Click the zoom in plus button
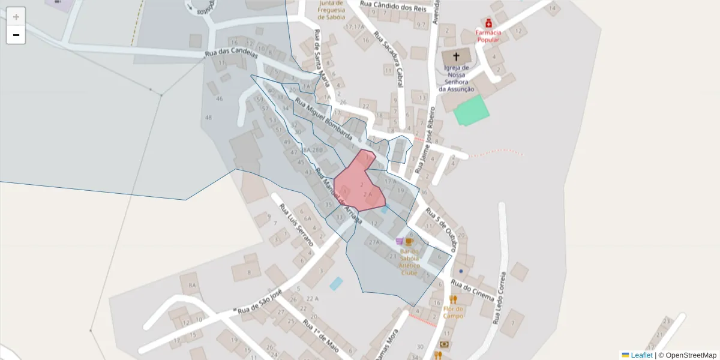[16, 17]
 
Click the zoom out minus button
[16, 35]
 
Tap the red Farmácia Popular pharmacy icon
[488, 23]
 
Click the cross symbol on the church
[456, 57]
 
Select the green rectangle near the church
[471, 110]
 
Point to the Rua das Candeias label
[231, 53]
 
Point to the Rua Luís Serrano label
[296, 225]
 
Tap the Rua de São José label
[259, 304]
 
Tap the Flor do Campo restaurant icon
[453, 299]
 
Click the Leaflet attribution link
[641, 355]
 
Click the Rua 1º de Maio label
[321, 336]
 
